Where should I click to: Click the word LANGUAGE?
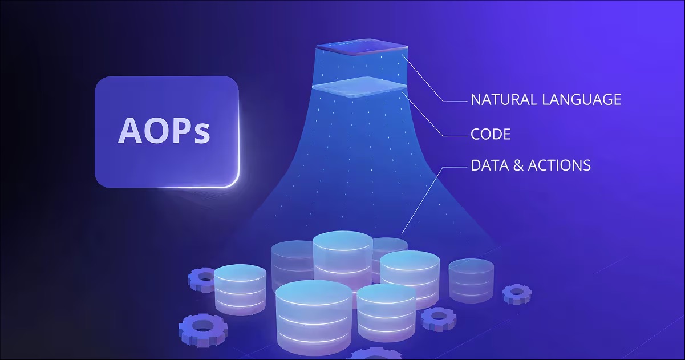coord(583,100)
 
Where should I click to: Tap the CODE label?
coord(490,135)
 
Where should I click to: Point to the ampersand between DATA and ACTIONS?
coord(520,166)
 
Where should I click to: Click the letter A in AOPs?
coord(130,131)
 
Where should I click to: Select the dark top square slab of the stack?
coord(360,48)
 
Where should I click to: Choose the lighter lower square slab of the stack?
coord(360,86)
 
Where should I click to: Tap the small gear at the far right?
coord(516,293)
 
